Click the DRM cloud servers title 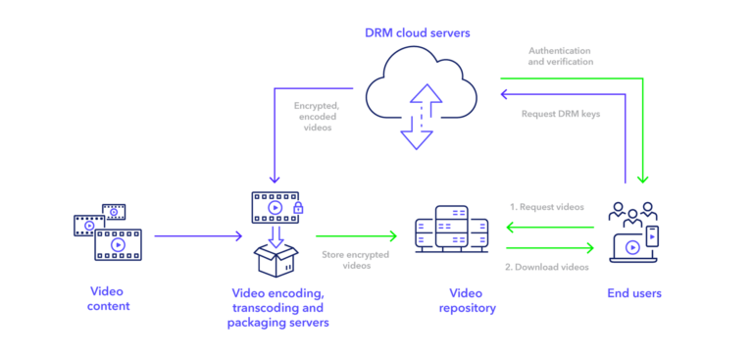[x=417, y=33]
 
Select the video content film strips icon [x=108, y=232]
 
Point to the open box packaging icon [x=276, y=258]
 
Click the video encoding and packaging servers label [x=277, y=307]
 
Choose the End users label [x=634, y=293]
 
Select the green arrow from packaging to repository [x=357, y=236]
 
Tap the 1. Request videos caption [x=546, y=207]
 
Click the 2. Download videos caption [x=546, y=266]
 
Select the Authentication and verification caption [x=560, y=55]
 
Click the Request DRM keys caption [x=561, y=114]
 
